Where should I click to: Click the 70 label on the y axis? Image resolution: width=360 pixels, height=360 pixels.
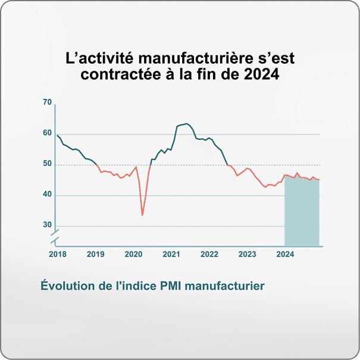pyautogui.click(x=47, y=102)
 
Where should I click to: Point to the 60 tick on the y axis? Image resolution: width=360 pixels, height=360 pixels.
pyautogui.click(x=47, y=133)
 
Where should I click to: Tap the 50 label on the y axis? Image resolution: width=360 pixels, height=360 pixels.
pyautogui.click(x=47, y=164)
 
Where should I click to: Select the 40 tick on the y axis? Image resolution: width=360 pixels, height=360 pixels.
pyautogui.click(x=47, y=195)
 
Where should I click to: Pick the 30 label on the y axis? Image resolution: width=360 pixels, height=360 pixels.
pyautogui.click(x=47, y=226)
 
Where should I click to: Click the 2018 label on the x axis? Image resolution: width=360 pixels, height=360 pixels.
pyautogui.click(x=57, y=254)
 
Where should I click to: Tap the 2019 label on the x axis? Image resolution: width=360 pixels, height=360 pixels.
pyautogui.click(x=95, y=254)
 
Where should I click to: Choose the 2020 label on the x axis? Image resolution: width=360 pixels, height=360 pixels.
pyautogui.click(x=133, y=254)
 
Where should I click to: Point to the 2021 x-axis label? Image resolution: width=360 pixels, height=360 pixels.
pyautogui.click(x=171, y=254)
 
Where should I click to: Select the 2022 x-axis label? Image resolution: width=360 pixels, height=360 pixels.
pyautogui.click(x=209, y=254)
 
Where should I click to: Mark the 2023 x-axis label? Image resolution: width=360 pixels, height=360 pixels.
pyautogui.click(x=248, y=254)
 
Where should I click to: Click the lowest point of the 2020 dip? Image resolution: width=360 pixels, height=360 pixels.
pyautogui.click(x=142, y=215)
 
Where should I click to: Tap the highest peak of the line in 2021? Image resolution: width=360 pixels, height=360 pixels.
pyautogui.click(x=187, y=124)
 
